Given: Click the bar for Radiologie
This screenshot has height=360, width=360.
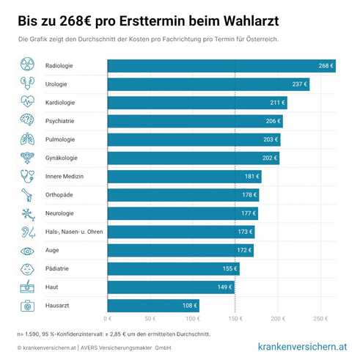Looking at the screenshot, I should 220,66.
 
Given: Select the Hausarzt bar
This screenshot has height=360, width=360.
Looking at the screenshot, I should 143,305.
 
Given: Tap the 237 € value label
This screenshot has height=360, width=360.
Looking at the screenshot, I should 299,84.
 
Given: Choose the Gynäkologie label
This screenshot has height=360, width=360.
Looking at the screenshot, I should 62,158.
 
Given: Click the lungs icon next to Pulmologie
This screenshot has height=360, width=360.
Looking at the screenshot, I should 27,139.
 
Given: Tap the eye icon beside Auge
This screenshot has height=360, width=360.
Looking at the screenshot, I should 27,250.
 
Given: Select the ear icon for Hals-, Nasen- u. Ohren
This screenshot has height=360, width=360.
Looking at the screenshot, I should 27,232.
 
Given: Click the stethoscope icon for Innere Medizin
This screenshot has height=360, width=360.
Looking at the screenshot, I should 27,176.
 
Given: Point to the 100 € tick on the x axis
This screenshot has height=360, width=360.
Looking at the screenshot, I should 192,320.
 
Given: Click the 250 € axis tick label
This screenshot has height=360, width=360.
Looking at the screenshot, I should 319,320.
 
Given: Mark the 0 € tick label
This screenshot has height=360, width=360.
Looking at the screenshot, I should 108,320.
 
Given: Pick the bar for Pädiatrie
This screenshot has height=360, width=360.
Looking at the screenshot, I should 173,268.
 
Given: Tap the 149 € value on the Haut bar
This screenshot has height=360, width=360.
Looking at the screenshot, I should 224,287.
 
